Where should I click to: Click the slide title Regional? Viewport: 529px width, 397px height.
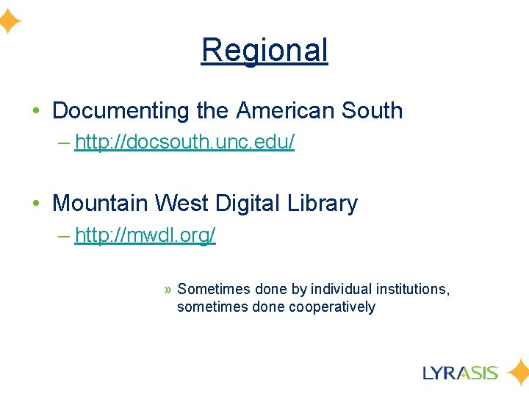(264, 50)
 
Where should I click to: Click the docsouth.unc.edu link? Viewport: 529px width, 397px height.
(184, 143)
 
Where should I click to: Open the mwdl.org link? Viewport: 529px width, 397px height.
(145, 235)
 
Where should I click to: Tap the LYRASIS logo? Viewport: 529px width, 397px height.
(461, 372)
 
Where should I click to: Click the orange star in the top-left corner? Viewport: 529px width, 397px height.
(9, 22)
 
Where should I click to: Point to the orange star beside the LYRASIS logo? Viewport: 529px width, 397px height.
(519, 372)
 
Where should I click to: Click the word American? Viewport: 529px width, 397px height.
(285, 111)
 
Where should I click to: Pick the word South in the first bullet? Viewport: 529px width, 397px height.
(372, 111)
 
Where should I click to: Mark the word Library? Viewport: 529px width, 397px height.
(325, 204)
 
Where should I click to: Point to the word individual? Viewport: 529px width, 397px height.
(341, 289)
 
